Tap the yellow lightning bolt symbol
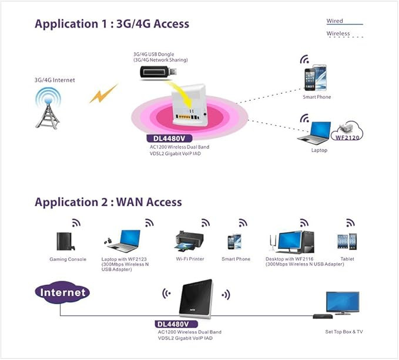[103, 93]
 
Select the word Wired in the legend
[334, 21]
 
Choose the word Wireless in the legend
[338, 33]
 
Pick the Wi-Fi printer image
[189, 240]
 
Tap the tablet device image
[346, 241]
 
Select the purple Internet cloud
[62, 292]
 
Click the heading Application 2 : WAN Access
[108, 202]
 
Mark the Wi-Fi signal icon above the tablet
[350, 223]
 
